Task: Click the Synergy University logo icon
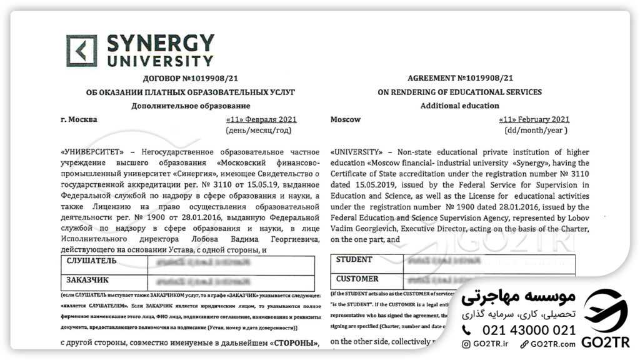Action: [82, 51]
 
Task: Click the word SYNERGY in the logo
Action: [161, 44]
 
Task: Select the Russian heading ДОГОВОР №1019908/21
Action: [190, 78]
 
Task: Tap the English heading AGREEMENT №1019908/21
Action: [460, 78]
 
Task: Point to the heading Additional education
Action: [459, 106]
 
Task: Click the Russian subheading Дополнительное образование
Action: [191, 106]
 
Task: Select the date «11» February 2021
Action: [534, 119]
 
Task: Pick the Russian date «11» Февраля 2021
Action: [261, 119]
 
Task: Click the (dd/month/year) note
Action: [536, 131]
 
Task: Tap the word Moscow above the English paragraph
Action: [346, 119]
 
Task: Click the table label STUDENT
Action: [354, 260]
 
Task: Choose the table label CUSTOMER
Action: [357, 279]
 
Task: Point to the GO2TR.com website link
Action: [550, 344]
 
